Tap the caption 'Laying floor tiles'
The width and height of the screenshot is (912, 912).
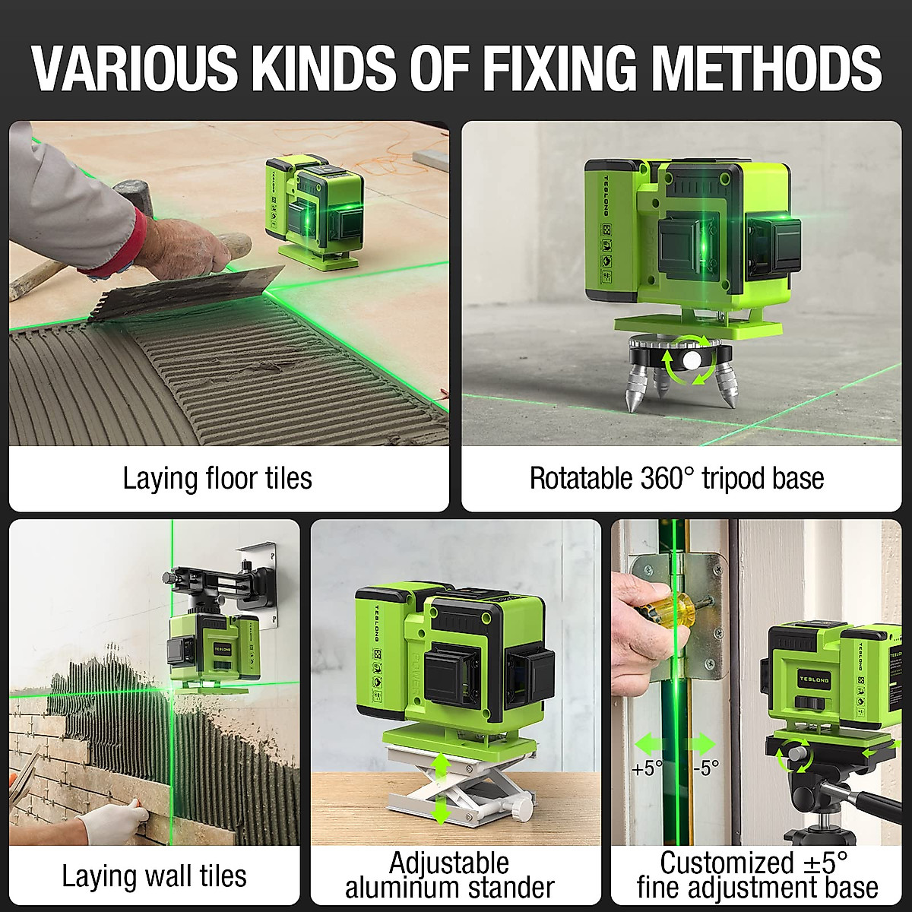217,479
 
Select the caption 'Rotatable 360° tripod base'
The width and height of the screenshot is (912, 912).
676,479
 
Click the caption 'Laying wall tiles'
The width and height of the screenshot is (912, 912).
154,876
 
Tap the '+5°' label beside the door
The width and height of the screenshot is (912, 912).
647,768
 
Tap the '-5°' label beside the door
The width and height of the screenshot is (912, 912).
705,768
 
